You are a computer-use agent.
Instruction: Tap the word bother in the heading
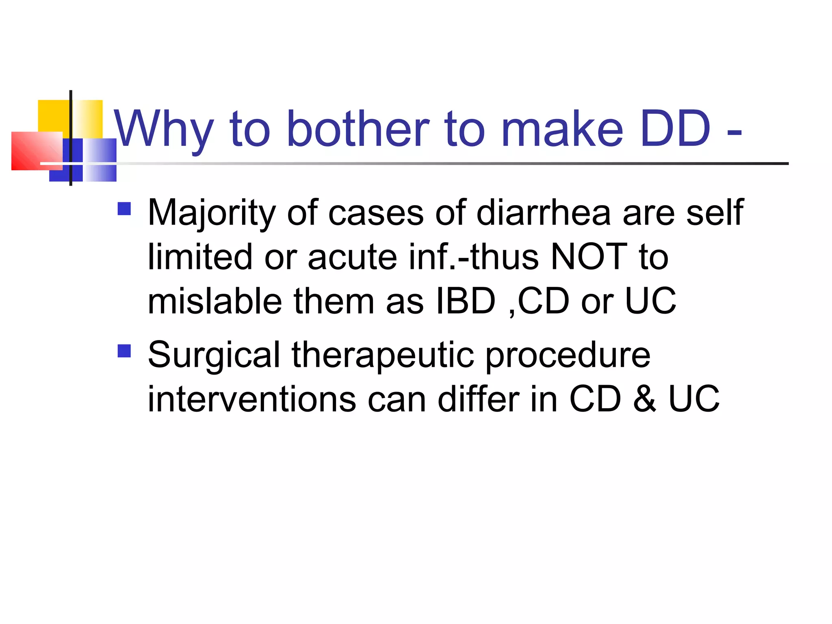pyautogui.click(x=357, y=129)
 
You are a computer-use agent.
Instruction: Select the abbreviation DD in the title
pyautogui.click(x=675, y=129)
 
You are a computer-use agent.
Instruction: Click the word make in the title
pyautogui.click(x=562, y=129)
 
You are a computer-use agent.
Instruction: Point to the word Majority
pyautogui.click(x=212, y=213)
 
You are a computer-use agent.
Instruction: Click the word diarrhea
pyautogui.click(x=544, y=213)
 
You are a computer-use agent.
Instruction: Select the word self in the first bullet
pyautogui.click(x=715, y=213)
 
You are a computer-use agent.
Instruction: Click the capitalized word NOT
pyautogui.click(x=589, y=257)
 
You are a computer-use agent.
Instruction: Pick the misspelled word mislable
pyautogui.click(x=214, y=301)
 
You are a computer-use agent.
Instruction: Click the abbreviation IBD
pyautogui.click(x=466, y=301)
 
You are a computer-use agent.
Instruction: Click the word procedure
pyautogui.click(x=568, y=355)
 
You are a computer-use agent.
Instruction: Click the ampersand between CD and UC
pyautogui.click(x=644, y=399)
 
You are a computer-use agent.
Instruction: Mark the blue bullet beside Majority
pyautogui.click(x=124, y=209)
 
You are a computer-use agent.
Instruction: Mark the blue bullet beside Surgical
pyautogui.click(x=124, y=351)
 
